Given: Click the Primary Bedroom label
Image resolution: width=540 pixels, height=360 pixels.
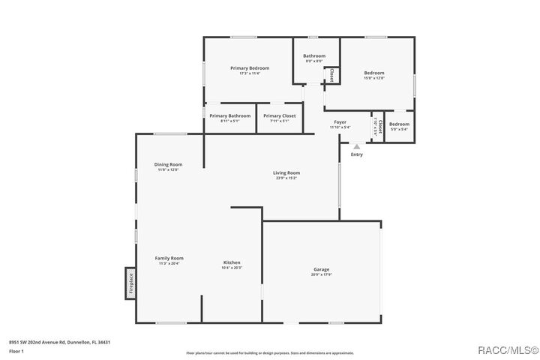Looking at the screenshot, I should pyautogui.click(x=249, y=68).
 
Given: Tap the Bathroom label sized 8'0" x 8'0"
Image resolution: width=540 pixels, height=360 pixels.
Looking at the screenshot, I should pyautogui.click(x=314, y=56).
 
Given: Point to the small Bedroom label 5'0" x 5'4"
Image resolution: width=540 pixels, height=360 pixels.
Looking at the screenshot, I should pyautogui.click(x=399, y=124).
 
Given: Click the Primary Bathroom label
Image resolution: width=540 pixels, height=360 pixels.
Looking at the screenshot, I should pyautogui.click(x=229, y=115).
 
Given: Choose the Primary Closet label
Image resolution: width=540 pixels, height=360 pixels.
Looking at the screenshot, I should pyautogui.click(x=279, y=115).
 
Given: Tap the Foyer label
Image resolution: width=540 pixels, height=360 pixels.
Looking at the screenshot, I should pyautogui.click(x=340, y=121).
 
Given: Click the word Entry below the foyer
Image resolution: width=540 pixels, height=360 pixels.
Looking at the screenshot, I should pyautogui.click(x=357, y=154).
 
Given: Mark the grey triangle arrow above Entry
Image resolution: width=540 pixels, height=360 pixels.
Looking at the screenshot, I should pyautogui.click(x=357, y=147).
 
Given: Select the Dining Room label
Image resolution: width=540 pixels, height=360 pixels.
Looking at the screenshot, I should pyautogui.click(x=168, y=164).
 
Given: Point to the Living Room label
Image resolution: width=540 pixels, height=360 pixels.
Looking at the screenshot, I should pyautogui.click(x=286, y=173).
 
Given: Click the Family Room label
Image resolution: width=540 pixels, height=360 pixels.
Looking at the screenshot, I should pyautogui.click(x=169, y=258).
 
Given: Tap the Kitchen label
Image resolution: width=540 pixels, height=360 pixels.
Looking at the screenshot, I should pyautogui.click(x=232, y=262).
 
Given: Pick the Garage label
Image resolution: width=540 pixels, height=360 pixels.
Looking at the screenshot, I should pyautogui.click(x=321, y=269).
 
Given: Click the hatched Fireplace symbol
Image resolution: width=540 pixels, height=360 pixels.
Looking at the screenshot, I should pyautogui.click(x=130, y=284).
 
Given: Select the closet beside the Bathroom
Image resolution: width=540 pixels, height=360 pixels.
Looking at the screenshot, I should pyautogui.click(x=331, y=75).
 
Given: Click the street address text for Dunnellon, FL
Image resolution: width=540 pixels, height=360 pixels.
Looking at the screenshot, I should pyautogui.click(x=59, y=341).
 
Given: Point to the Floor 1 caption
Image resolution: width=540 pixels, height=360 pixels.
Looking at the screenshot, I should pyautogui.click(x=16, y=351).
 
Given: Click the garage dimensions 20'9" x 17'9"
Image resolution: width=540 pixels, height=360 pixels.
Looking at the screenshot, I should pyautogui.click(x=321, y=274).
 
